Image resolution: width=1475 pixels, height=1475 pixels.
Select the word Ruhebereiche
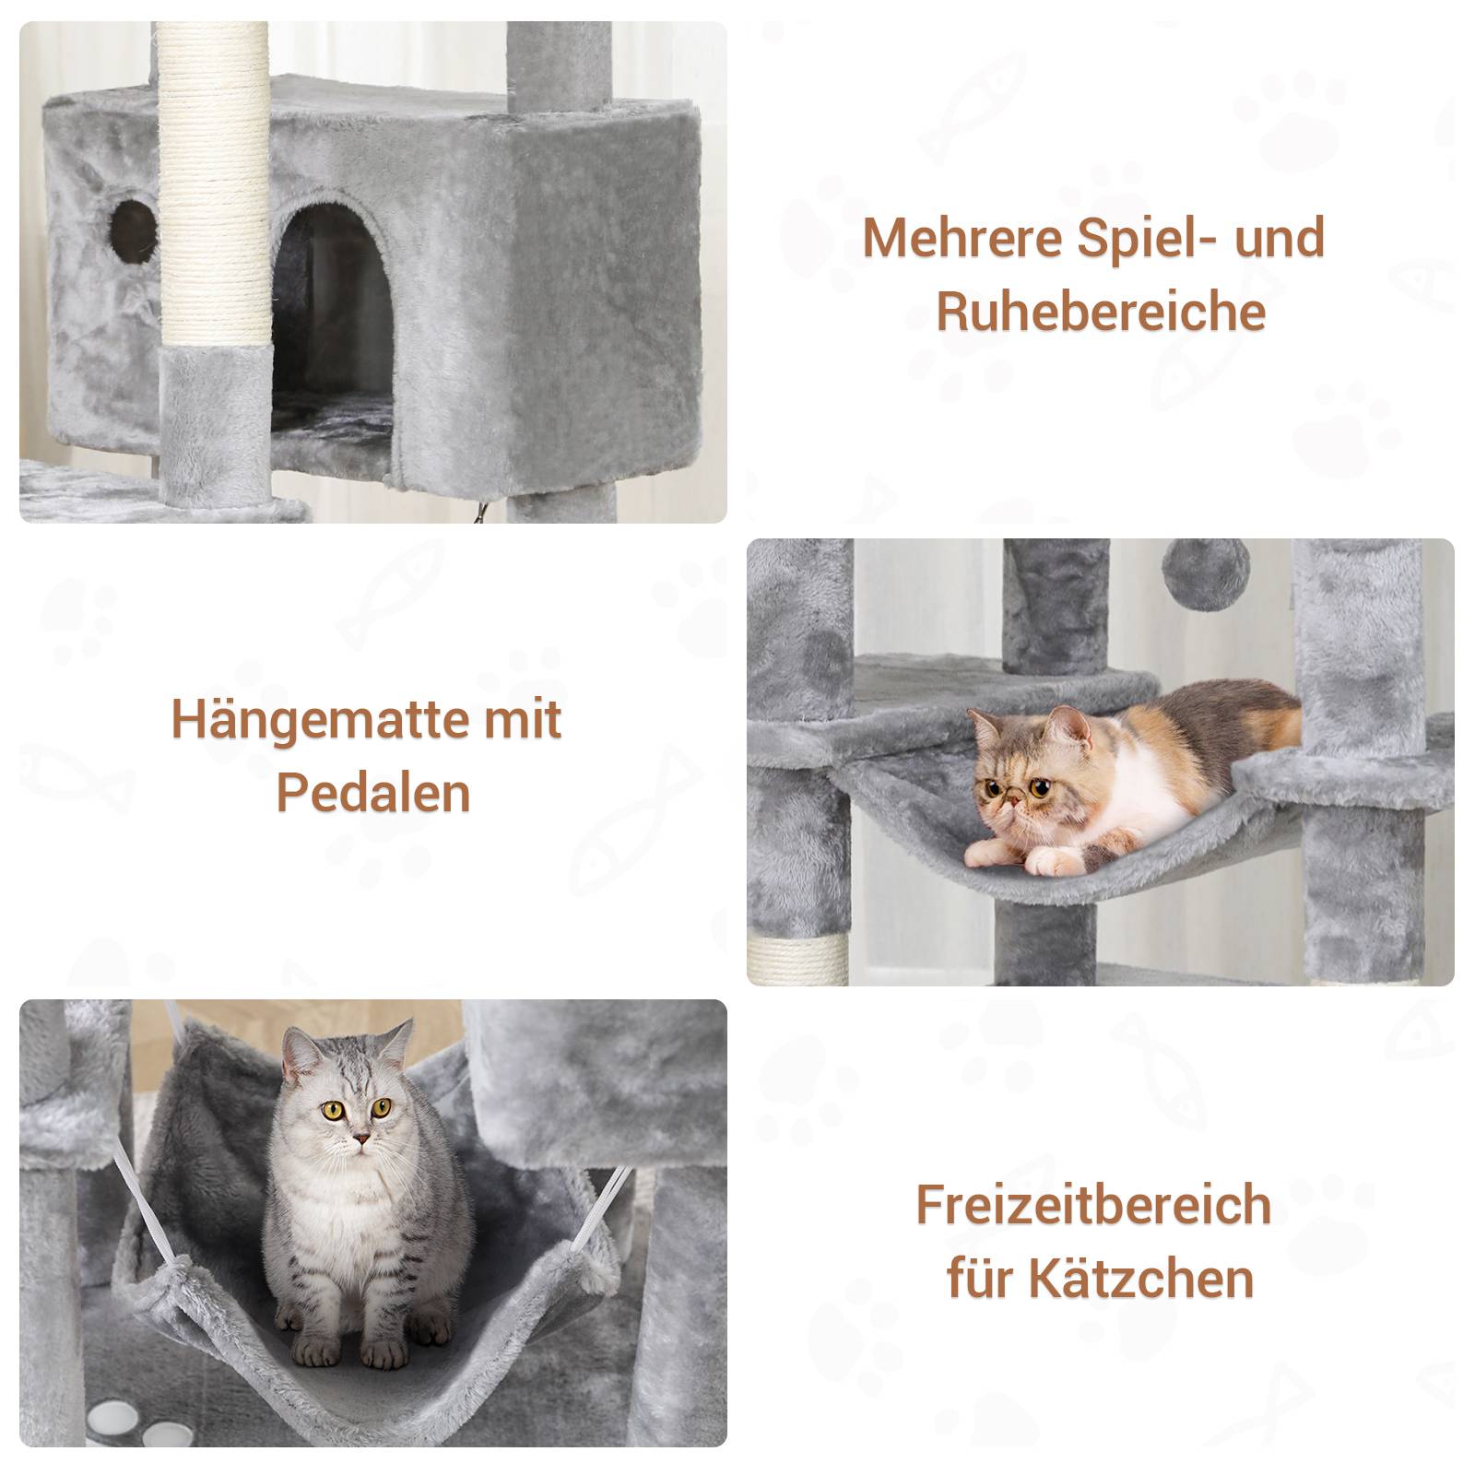[x=1101, y=312]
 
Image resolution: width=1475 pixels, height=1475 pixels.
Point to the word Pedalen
[x=373, y=793]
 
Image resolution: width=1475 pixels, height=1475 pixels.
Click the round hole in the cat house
[x=132, y=223]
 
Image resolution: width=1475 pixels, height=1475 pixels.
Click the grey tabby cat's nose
[x=362, y=1138]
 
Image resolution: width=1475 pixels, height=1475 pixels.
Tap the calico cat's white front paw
[x=1055, y=861]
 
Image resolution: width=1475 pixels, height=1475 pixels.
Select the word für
[x=977, y=1278]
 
